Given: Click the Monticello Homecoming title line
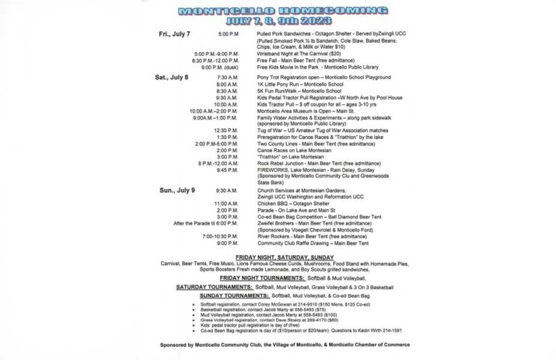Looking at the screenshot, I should click(x=277, y=11).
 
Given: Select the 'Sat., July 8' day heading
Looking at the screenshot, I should click(x=172, y=76).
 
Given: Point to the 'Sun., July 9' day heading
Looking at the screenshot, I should click(x=177, y=190).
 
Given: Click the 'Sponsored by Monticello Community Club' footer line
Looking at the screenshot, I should click(x=277, y=344).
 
